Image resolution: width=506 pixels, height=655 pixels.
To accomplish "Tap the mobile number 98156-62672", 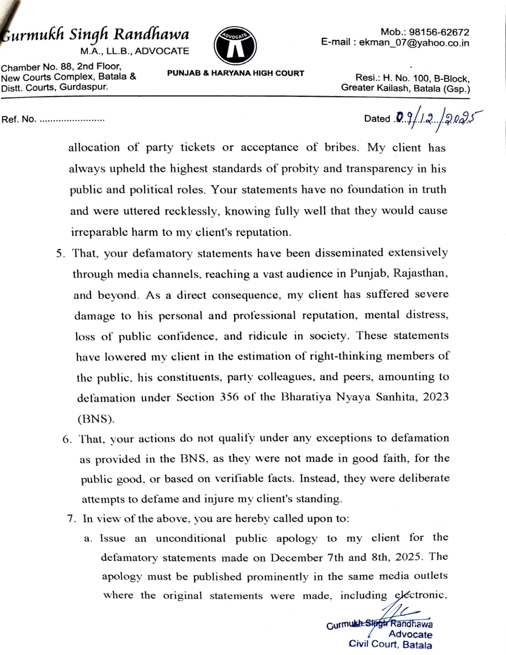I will click(x=439, y=32).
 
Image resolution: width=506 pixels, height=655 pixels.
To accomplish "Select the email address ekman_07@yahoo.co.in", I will click(x=414, y=43).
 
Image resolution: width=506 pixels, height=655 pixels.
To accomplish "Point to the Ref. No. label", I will click(x=18, y=120).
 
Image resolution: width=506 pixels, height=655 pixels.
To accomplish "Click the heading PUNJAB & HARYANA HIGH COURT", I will click(x=235, y=73).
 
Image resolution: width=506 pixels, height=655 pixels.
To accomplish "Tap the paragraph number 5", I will click(x=60, y=253).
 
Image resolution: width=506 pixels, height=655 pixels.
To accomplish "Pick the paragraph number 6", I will click(x=67, y=440).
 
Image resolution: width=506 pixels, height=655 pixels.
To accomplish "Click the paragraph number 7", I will click(x=71, y=519).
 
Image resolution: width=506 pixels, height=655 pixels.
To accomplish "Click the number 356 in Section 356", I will click(x=228, y=398).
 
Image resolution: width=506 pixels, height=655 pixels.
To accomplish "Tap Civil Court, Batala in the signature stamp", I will click(x=390, y=644).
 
